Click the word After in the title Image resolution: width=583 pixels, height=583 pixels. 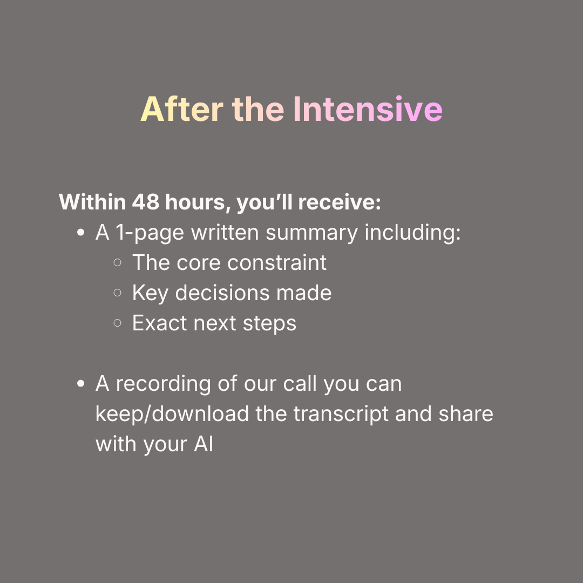[180, 110]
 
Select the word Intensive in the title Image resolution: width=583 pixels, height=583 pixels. [368, 110]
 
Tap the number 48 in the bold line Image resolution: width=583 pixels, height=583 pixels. [145, 202]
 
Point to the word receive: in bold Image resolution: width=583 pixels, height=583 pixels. [340, 202]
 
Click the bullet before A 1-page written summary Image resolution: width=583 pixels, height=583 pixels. [81, 233]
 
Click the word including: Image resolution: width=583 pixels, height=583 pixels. [413, 233]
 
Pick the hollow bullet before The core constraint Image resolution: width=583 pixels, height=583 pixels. [118, 263]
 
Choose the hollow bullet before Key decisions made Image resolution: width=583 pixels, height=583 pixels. [118, 294]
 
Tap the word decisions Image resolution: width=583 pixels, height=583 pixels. [222, 293]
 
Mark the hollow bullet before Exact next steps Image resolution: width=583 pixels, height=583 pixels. [118, 324]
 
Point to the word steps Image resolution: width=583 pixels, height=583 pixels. [270, 324]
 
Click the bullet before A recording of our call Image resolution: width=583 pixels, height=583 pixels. [81, 384]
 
